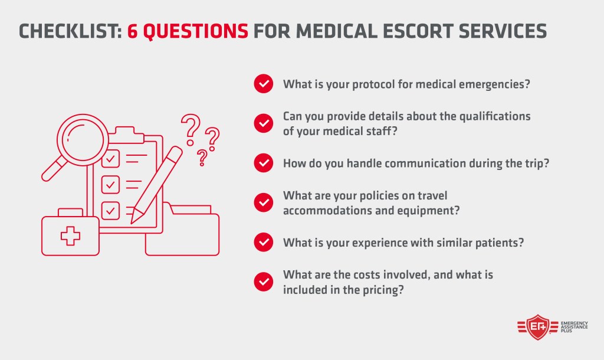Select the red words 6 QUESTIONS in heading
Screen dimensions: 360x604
click(x=188, y=30)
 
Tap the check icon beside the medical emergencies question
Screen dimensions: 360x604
click(x=263, y=84)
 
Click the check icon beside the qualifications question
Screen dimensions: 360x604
click(x=263, y=123)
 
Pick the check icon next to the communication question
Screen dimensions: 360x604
click(x=263, y=162)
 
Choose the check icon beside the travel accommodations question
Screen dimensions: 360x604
click(x=263, y=202)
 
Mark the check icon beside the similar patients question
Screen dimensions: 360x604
click(x=263, y=241)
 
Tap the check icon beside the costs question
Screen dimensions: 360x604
click(x=263, y=282)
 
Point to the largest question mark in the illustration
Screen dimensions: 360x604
click(x=189, y=129)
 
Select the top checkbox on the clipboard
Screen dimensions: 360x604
click(x=110, y=159)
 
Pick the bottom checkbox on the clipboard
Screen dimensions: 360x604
click(x=110, y=210)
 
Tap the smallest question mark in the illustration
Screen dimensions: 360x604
click(x=202, y=157)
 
